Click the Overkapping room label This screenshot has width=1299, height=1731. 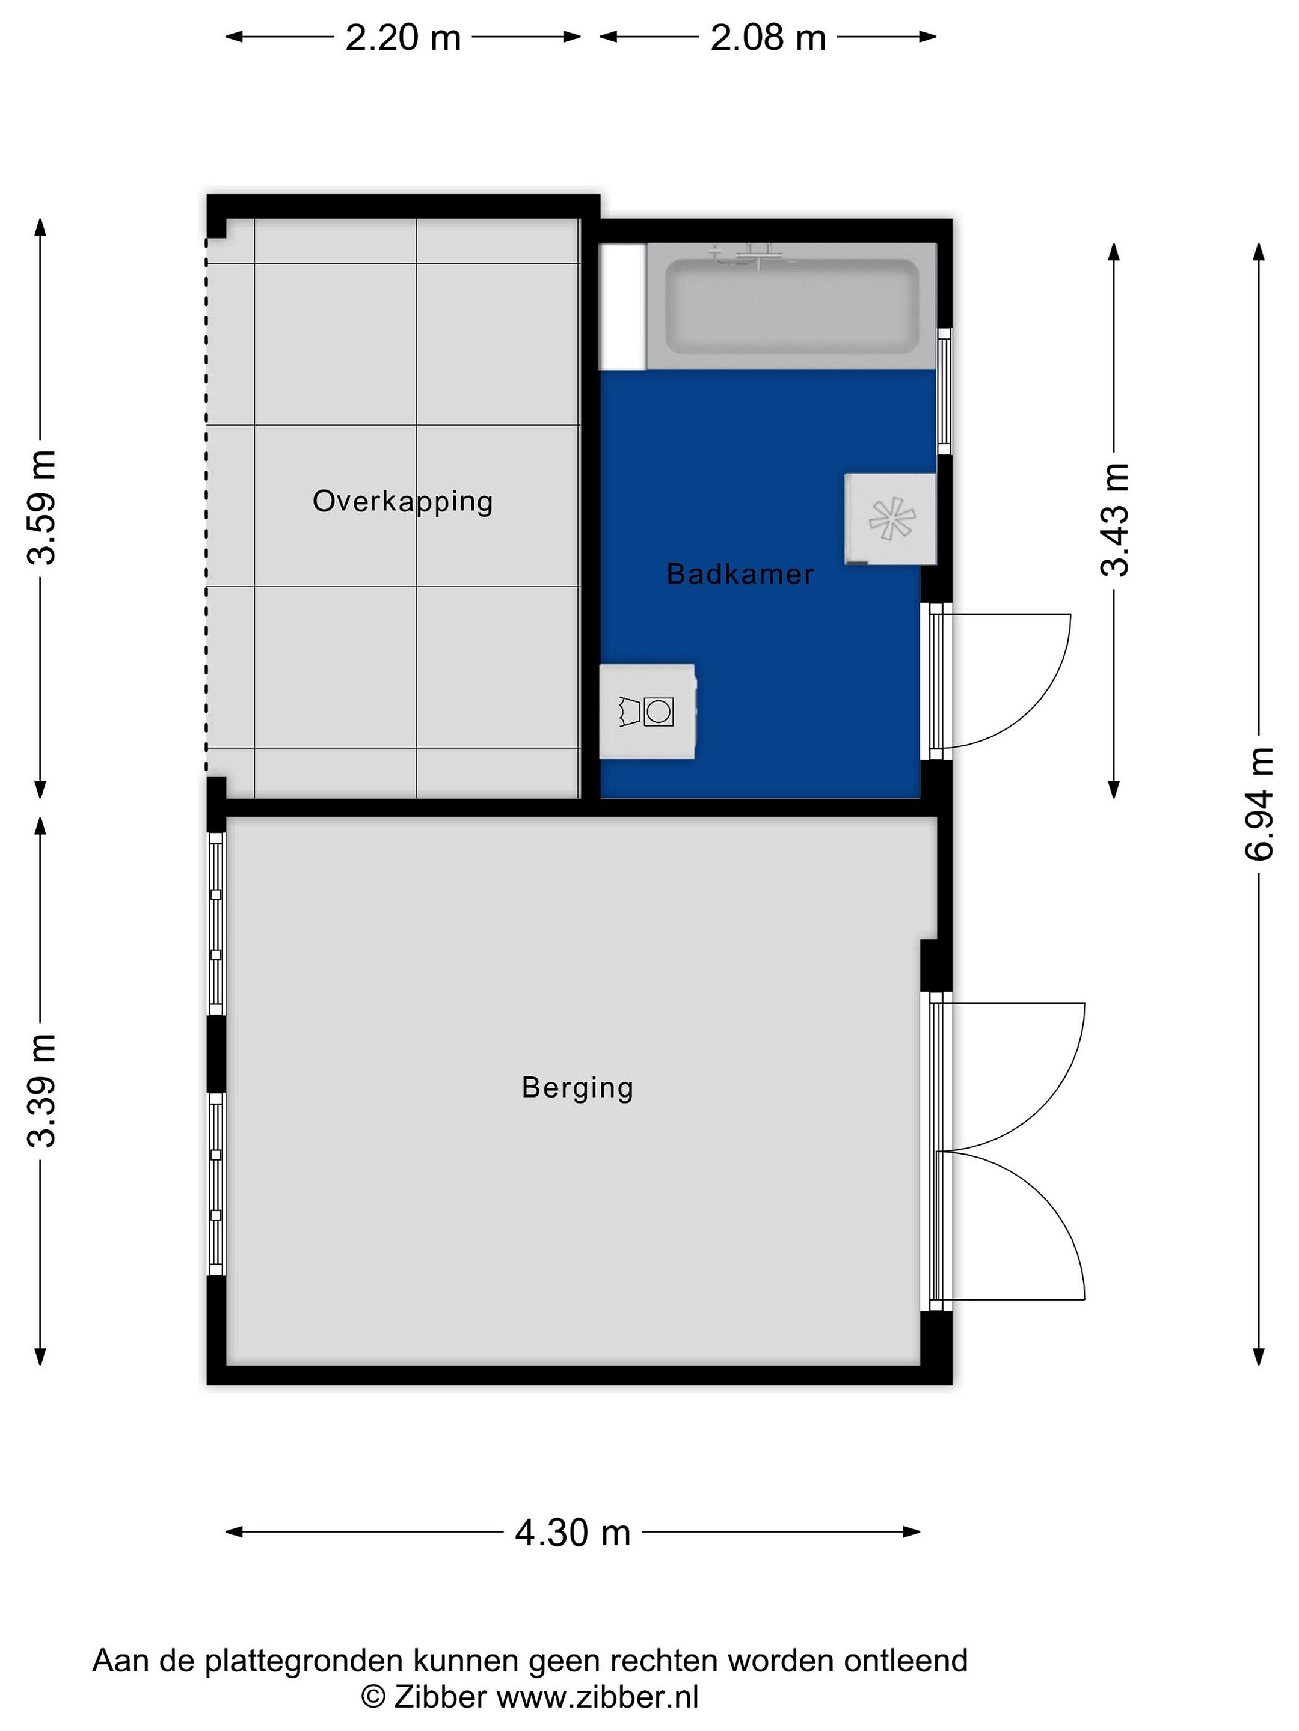click(x=402, y=502)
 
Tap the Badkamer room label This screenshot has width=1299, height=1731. click(x=740, y=575)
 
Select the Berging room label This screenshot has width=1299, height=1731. click(x=578, y=1088)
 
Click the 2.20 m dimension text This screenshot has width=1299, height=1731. click(x=404, y=37)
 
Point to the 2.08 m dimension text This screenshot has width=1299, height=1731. click(x=768, y=37)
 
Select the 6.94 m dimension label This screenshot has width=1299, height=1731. click(x=1260, y=804)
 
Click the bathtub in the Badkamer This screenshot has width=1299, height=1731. click(x=791, y=306)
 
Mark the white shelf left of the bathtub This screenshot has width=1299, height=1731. click(x=622, y=306)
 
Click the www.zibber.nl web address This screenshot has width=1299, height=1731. click(x=597, y=1697)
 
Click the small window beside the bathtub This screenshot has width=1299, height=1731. click(x=944, y=391)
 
